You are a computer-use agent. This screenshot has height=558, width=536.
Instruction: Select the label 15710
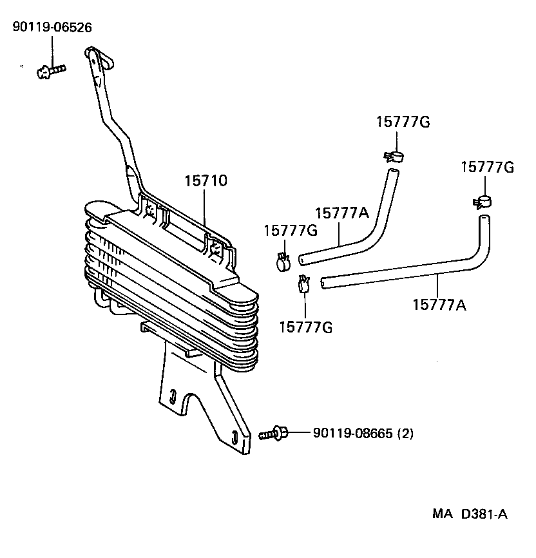[206, 181]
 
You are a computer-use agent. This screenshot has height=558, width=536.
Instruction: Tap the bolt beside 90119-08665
[274, 434]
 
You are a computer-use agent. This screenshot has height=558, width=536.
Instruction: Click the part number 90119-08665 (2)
[363, 434]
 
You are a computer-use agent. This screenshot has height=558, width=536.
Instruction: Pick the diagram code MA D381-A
[470, 514]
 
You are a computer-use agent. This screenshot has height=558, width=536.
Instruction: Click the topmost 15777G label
[403, 122]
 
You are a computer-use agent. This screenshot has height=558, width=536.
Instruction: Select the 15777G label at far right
[487, 168]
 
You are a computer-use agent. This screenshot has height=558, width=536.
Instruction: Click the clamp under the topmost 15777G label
[393, 156]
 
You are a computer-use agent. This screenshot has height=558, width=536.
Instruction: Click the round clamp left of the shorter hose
[282, 261]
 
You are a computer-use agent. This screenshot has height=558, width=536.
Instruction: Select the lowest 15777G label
[305, 327]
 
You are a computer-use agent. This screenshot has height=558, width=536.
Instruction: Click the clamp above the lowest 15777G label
[303, 284]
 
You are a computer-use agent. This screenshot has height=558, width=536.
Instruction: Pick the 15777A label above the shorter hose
[341, 213]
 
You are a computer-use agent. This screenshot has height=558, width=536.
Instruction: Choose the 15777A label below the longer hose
[439, 303]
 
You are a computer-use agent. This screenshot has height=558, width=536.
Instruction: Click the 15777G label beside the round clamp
[291, 231]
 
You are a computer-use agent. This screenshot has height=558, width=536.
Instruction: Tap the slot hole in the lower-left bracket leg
[173, 395]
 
